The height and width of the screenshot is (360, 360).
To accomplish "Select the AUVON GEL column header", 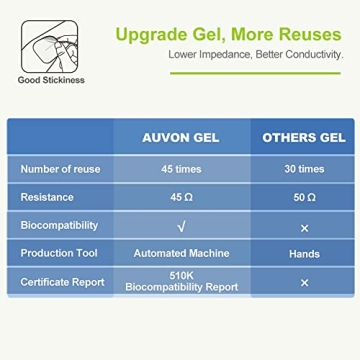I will point(180,137).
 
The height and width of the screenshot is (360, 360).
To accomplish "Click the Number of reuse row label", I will point(59,169).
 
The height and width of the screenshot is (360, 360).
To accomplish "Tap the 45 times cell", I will point(180,169).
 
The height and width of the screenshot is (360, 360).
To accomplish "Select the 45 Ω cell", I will point(180,197).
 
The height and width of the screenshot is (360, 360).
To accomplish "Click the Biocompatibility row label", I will point(59,226).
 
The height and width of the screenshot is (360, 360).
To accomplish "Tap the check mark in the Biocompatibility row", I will point(180,226).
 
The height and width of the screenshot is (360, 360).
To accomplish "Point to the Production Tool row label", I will point(60,254).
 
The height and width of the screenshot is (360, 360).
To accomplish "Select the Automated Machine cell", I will point(180,254).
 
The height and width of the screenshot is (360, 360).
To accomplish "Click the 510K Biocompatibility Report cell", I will point(180,283).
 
